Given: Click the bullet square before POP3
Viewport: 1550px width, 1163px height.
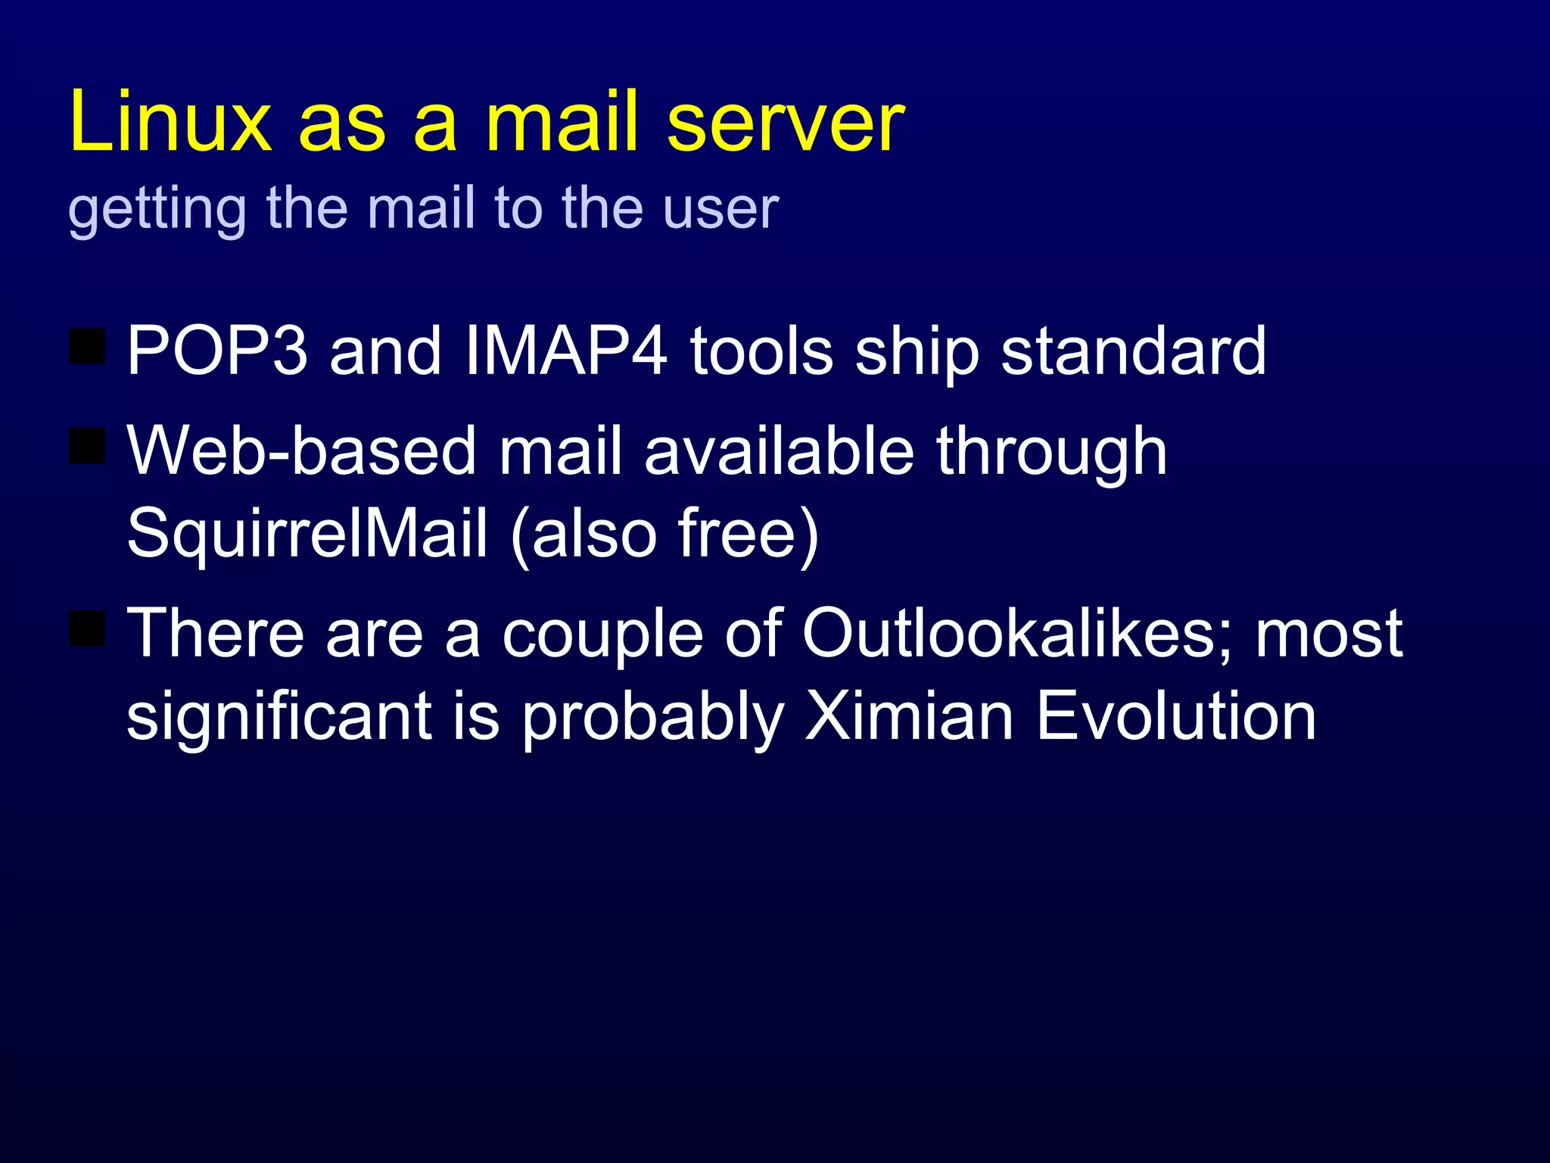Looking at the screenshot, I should tap(87, 346).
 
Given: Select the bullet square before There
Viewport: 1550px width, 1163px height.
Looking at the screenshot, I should tap(87, 628).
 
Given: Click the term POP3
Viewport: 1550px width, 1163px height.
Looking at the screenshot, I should tap(217, 350).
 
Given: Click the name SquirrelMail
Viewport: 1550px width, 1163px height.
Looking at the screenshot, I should tap(307, 534).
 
